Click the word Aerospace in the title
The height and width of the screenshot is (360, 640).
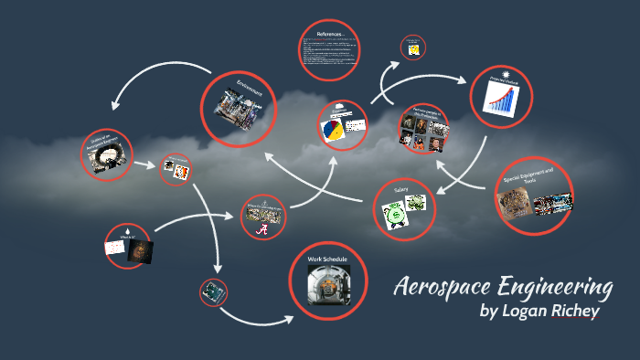click(437, 287)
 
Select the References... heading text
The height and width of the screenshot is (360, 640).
click(331, 34)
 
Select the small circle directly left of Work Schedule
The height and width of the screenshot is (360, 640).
click(213, 291)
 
